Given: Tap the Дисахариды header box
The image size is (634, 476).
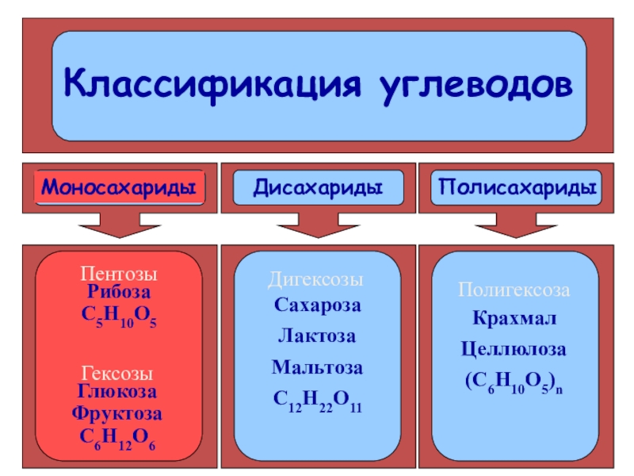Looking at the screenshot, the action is (317, 189).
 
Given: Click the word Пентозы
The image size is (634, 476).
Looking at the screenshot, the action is (119, 274).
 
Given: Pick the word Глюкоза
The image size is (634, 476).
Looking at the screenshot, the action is (119, 391).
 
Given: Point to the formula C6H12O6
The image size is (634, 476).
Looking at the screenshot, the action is (119, 437).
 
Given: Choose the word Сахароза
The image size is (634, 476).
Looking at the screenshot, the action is (317, 305).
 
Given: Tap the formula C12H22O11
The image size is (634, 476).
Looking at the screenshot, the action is (317, 401).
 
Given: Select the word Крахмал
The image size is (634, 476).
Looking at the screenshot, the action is (514, 319).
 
